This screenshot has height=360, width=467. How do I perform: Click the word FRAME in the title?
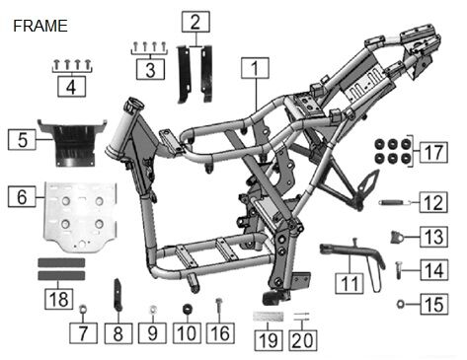coord(40,26)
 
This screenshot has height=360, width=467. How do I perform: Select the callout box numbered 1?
coord(255,68)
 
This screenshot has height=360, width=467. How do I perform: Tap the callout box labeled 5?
coord(22,139)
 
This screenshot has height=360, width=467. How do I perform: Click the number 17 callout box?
coord(433,152)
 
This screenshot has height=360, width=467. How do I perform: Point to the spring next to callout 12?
coord(395,202)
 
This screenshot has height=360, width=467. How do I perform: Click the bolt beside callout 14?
coord(399,270)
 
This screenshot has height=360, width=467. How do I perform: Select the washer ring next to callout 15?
coord(401,304)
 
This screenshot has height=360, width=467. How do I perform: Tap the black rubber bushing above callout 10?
coord(188,309)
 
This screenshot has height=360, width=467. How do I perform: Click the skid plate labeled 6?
coord(80,217)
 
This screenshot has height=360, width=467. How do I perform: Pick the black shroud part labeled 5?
coord(72,142)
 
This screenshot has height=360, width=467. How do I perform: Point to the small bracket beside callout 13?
coord(397,237)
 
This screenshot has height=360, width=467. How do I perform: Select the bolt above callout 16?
coord(219,305)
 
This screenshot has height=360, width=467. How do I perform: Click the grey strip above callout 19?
coord(268,317)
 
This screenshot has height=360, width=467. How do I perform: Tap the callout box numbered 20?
coord(303,340)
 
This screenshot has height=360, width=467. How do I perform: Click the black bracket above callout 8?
coord(117,295)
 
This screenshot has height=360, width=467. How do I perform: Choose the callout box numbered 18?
coord(59,299)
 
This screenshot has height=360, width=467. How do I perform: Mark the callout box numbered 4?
coord(71,87)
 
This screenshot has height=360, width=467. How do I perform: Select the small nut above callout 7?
coord(83,310)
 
